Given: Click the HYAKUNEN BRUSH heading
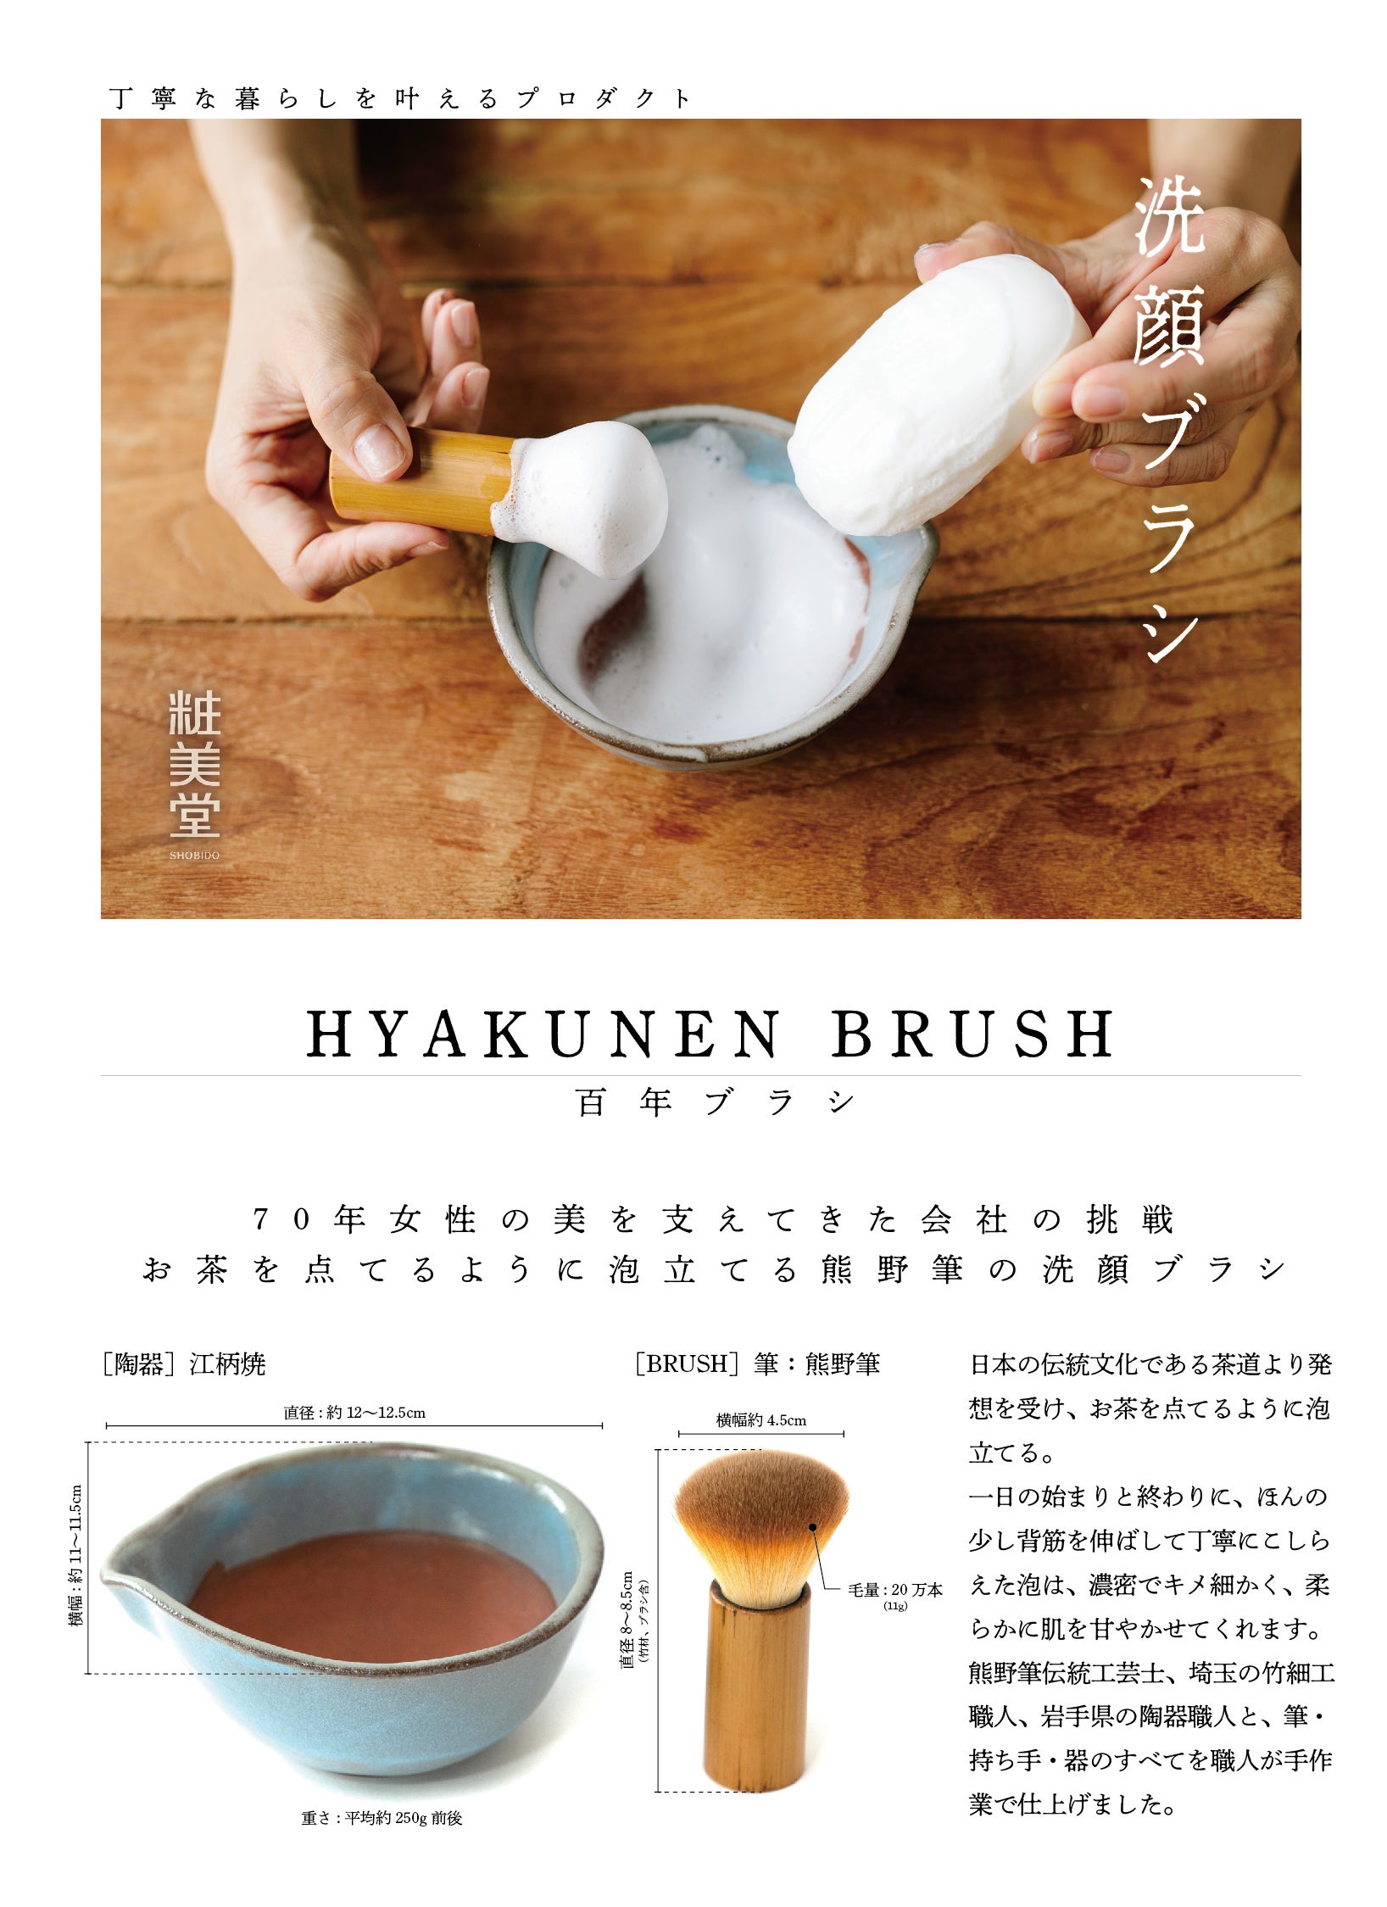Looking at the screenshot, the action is point(710,1034).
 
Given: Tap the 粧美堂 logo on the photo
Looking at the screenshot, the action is point(195,764).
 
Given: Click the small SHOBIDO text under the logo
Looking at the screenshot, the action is point(194,856).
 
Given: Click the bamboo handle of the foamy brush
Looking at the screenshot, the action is point(421,480).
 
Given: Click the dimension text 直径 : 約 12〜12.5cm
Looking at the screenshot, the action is point(354,1413).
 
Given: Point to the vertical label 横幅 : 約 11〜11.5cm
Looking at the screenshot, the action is point(76,1555).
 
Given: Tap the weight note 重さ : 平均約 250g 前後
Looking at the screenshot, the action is point(382,1818).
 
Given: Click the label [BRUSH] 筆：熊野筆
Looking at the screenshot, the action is point(757,1363).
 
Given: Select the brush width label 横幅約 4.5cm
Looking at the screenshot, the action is point(761,1420).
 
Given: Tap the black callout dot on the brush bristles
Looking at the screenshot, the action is point(812,1527).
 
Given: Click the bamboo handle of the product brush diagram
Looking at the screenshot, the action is point(756,1687).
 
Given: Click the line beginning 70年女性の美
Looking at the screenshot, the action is point(713,1220).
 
